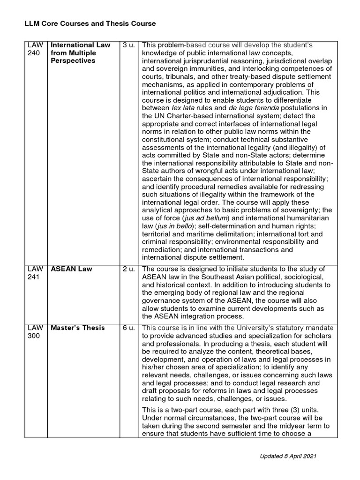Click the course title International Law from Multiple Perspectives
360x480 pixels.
point(80,53)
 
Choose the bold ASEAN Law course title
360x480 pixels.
point(71,269)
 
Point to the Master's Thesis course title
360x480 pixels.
point(78,328)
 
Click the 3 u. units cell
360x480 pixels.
point(128,45)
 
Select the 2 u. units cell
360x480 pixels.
point(128,269)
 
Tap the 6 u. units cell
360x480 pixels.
point(128,328)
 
